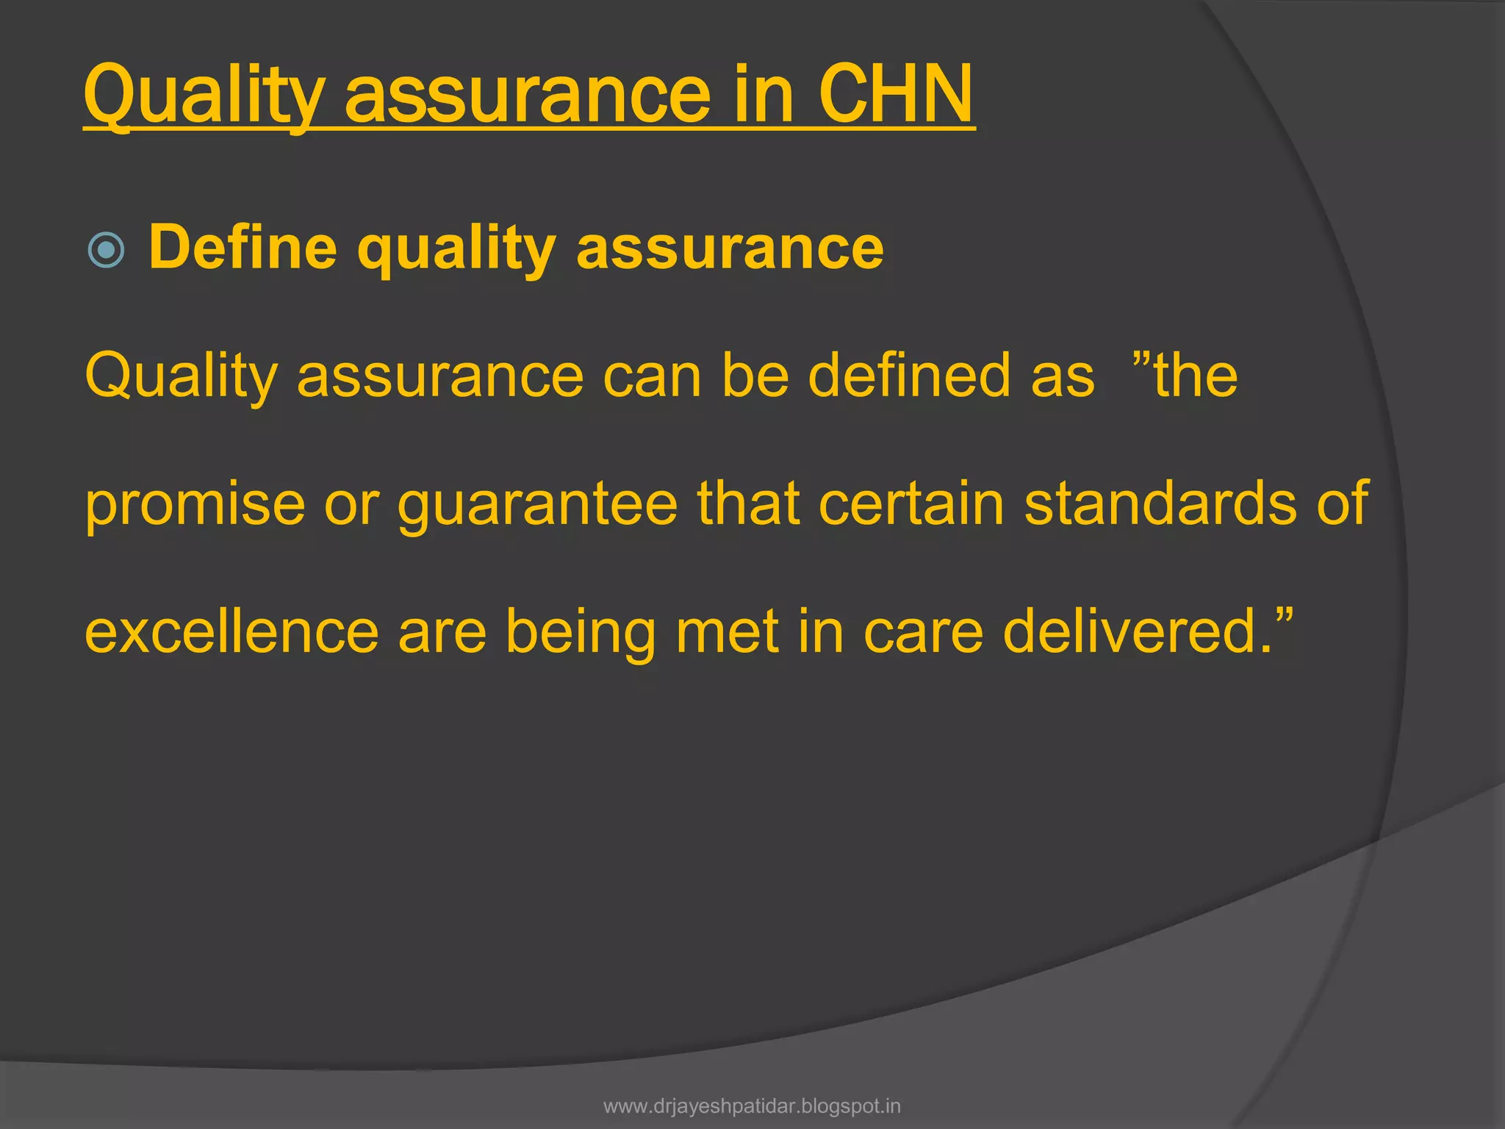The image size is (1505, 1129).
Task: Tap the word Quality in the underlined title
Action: click(204, 96)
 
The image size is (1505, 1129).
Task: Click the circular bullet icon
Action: click(106, 250)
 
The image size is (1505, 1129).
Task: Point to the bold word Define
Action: click(243, 248)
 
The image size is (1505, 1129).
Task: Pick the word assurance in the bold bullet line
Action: click(730, 248)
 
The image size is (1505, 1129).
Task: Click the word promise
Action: click(195, 505)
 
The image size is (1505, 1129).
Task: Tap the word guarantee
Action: click(537, 505)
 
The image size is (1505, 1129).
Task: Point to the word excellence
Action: click(231, 632)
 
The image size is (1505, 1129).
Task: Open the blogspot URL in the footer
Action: click(752, 1106)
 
